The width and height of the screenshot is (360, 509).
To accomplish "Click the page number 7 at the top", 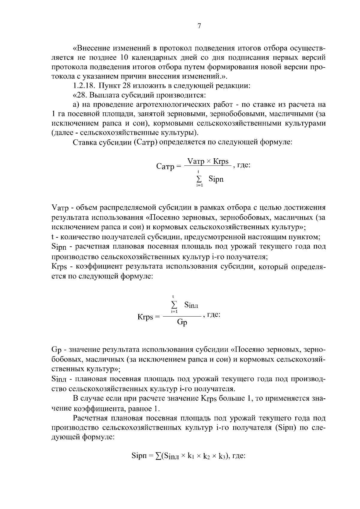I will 199,26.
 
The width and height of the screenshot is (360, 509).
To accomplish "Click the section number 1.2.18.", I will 84,86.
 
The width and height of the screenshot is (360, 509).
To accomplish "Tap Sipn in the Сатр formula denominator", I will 216,179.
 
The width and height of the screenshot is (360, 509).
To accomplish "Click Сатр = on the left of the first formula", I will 169,166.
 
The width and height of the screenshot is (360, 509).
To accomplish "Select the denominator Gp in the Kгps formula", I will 182,322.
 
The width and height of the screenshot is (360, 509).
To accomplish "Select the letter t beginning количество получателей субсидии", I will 53,237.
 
